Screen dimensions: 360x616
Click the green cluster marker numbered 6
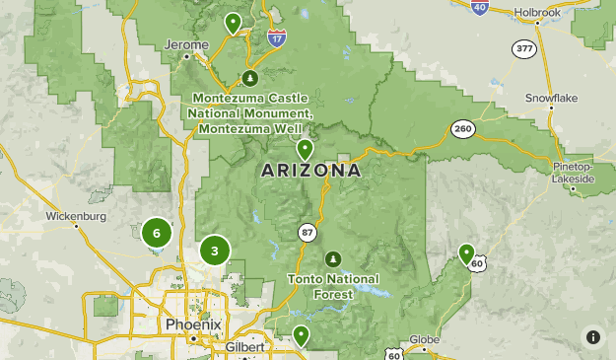[156, 233]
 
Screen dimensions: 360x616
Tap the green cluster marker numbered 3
[214, 251]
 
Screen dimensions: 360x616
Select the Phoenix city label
[194, 324]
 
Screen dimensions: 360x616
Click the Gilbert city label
[244, 348]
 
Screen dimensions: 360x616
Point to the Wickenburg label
[75, 215]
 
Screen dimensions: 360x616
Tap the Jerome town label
[187, 45]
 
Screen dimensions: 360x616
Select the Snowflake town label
[550, 99]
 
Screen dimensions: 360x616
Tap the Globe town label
[424, 339]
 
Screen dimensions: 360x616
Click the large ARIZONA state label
[310, 171]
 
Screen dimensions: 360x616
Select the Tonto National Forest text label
[332, 286]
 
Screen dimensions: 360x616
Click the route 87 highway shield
[308, 231]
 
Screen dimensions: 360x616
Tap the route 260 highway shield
[462, 129]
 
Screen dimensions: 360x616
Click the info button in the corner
[592, 336]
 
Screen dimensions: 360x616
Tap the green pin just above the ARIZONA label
[306, 150]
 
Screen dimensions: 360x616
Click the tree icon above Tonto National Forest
[333, 259]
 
